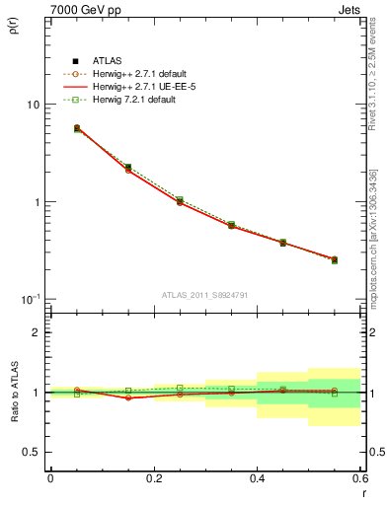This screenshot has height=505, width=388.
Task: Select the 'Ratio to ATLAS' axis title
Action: (14, 393)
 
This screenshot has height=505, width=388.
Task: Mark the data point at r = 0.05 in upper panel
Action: (77, 128)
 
